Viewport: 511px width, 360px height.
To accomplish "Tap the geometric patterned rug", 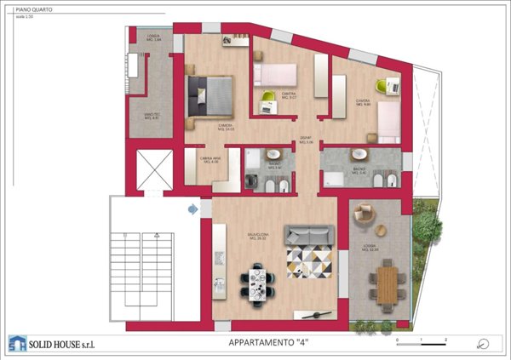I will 311,257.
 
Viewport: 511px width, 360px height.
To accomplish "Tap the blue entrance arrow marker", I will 193,208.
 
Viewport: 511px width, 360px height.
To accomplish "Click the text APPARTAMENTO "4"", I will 269,343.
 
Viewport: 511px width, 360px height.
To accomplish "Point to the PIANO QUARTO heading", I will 32,10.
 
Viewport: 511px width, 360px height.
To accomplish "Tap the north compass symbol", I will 483,343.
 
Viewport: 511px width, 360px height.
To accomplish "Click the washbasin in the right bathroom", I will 359,154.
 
